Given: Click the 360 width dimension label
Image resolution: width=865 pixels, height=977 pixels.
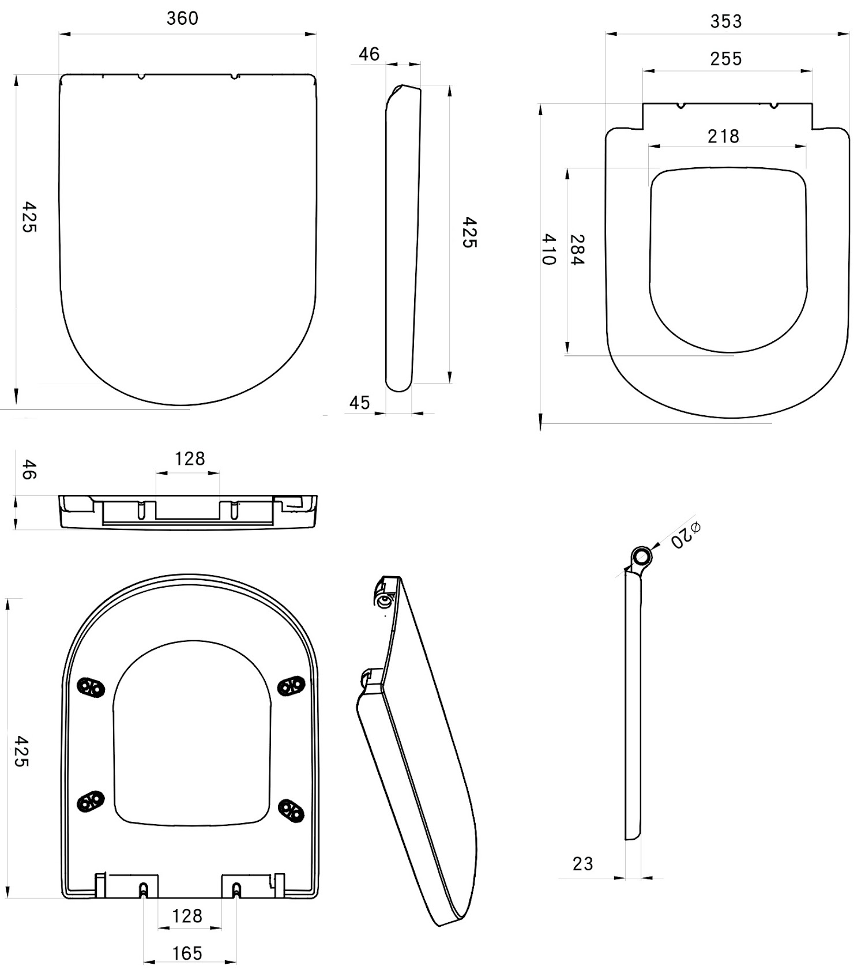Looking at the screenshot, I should (182, 18).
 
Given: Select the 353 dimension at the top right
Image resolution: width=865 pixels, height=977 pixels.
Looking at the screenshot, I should (726, 21).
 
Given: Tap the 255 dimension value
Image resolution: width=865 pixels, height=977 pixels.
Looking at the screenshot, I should (726, 59).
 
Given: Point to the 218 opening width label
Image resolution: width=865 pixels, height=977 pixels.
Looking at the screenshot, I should (723, 137).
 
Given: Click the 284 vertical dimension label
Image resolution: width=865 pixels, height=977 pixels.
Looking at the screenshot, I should (577, 250).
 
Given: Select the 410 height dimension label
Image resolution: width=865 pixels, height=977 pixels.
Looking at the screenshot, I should (548, 249).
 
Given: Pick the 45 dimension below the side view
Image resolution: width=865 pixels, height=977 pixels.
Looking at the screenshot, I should (359, 403).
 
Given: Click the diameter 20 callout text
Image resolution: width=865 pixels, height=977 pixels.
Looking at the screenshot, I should (685, 535).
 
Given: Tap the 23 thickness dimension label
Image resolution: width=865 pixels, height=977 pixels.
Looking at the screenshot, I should (582, 863).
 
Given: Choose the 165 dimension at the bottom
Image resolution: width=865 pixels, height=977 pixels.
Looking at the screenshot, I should (187, 953).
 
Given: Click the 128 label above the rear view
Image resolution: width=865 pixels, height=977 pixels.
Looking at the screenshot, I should (190, 459).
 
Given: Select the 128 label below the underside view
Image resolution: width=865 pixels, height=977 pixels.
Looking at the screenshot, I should (187, 916).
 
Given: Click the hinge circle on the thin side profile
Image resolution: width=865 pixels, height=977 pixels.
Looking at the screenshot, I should (641, 557).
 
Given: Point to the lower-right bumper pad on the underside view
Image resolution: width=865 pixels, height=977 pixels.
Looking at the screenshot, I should (291, 811).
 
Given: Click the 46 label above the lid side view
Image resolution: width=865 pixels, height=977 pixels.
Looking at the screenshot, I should (369, 54).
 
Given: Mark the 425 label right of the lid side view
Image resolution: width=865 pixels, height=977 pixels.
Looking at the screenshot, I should (469, 232).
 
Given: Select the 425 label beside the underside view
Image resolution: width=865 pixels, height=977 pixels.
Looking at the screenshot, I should (21, 751).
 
